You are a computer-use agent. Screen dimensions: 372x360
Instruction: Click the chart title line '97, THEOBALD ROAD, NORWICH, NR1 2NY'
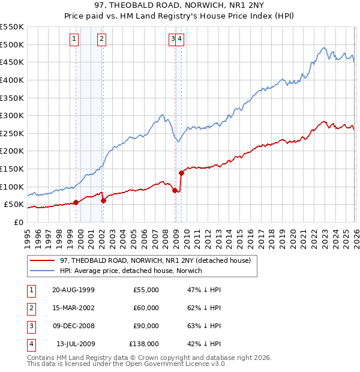[180, 5]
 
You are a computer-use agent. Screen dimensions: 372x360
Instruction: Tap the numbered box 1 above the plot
[74, 39]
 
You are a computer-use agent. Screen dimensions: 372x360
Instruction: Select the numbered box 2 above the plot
[102, 39]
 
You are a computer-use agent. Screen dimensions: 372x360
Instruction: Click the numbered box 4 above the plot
[180, 39]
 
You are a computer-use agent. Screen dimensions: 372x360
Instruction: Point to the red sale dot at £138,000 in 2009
[181, 173]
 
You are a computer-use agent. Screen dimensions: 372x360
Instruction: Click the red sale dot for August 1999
[76, 202]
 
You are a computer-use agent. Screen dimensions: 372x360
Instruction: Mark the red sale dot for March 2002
[103, 200]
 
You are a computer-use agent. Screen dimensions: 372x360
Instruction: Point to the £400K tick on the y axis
[11, 80]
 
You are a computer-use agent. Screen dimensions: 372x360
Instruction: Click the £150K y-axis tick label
[11, 169]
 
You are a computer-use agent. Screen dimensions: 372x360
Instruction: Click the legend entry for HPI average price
[131, 271]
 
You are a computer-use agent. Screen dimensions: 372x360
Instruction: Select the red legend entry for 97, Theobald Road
[158, 260]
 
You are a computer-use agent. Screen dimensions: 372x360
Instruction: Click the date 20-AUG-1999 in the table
[73, 290]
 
